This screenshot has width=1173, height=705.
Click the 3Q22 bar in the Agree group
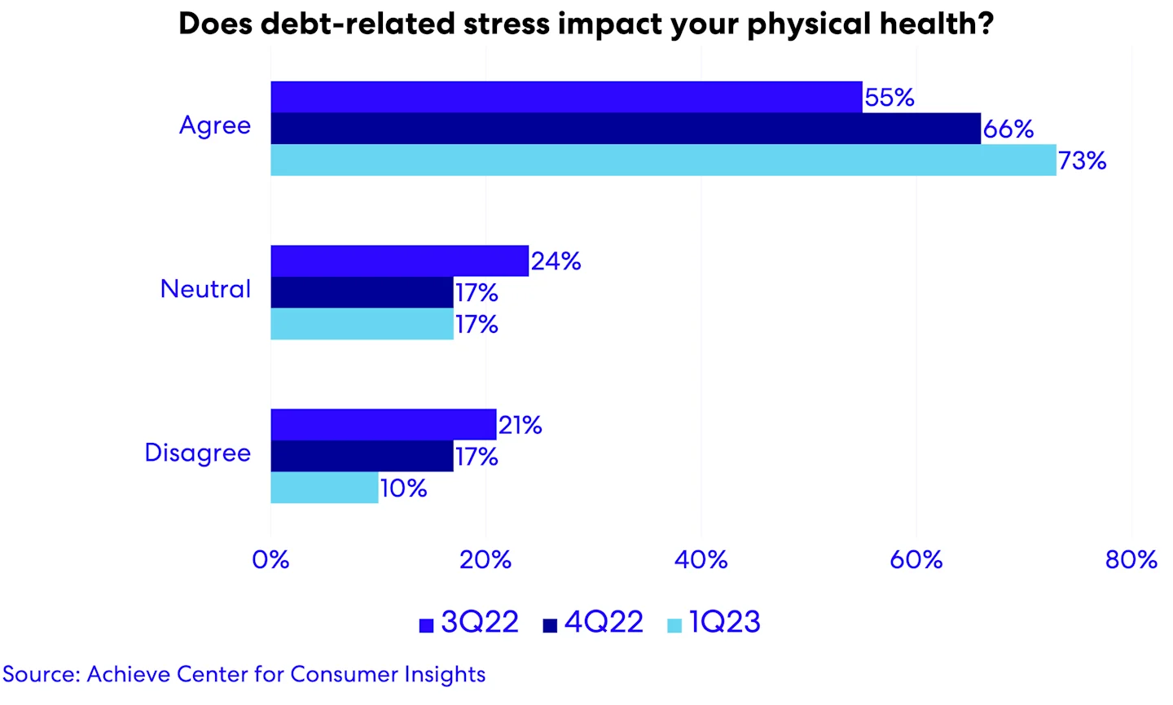click(566, 97)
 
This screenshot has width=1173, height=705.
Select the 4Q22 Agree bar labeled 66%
click(626, 129)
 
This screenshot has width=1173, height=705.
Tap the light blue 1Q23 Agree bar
click(663, 160)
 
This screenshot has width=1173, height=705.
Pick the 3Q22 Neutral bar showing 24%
click(399, 261)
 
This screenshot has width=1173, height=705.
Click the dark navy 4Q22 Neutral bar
click(362, 292)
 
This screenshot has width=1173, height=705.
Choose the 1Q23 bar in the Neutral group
click(362, 324)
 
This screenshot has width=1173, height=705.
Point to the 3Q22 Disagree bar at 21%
click(383, 424)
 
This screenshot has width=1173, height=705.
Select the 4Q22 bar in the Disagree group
click(362, 456)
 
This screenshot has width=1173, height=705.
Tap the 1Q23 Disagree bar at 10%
click(324, 488)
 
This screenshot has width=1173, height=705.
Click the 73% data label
click(1082, 161)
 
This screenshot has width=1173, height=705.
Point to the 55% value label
click(890, 98)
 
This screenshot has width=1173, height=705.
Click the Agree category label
click(215, 126)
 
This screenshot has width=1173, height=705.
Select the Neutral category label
click(205, 289)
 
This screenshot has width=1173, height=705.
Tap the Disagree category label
click(198, 453)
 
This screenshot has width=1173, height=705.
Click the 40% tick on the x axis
click(701, 560)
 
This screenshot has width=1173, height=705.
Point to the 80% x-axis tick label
click(1131, 560)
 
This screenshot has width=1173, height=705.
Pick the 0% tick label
click(270, 560)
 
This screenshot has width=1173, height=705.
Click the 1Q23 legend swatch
click(674, 625)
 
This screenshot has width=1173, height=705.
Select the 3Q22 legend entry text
click(480, 622)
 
